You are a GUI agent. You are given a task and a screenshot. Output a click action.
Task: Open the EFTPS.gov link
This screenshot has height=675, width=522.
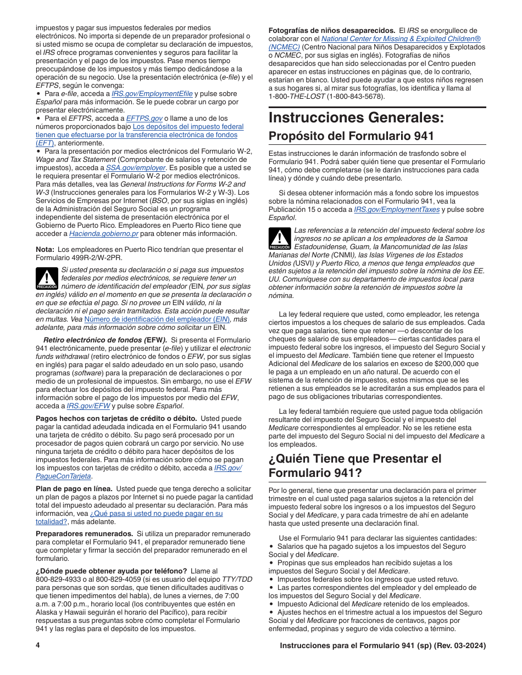tap(144, 118)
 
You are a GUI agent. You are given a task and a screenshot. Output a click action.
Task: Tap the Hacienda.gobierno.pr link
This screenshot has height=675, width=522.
tap(103, 234)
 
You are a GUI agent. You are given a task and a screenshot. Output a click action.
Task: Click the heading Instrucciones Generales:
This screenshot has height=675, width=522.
tap(357, 118)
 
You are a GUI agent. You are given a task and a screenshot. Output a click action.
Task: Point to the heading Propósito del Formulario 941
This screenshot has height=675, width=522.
tap(351, 136)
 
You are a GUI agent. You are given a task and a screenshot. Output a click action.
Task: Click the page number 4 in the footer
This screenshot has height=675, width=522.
tap(38, 646)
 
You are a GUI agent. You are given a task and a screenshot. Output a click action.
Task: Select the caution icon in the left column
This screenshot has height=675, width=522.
tap(47, 278)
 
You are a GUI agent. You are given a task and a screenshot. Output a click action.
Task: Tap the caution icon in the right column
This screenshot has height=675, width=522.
tap(280, 239)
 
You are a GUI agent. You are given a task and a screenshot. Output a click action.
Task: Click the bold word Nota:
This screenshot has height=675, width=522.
tap(46, 250)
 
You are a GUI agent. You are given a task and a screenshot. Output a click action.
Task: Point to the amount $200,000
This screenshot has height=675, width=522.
tap(461, 364)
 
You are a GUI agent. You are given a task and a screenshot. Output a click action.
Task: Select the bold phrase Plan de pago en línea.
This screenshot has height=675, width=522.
tap(74, 488)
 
